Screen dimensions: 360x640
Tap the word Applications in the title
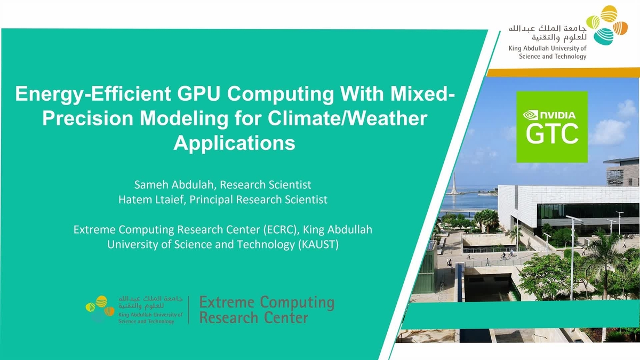[235, 143]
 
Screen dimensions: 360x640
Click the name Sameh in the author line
[150, 185]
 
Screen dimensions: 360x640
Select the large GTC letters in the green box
[552, 134]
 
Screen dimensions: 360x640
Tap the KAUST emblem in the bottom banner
[100, 308]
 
